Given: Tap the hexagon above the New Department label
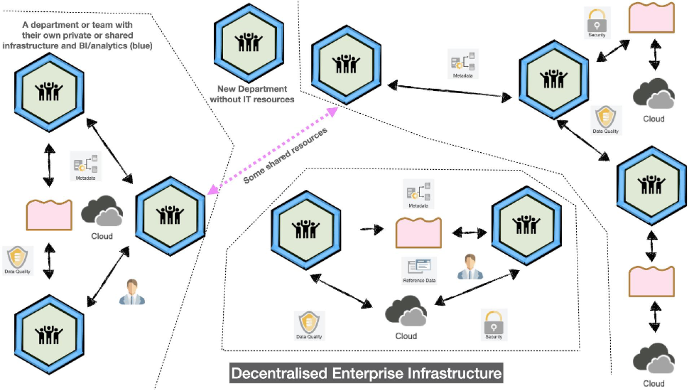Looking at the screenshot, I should click(x=249, y=40).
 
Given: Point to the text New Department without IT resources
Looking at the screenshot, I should click(x=252, y=94).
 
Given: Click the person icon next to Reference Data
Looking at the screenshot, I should click(x=470, y=267).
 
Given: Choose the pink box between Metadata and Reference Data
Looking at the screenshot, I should click(x=418, y=233).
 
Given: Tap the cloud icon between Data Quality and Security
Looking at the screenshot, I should click(x=406, y=311).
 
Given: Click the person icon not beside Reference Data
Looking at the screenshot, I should click(x=132, y=292).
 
